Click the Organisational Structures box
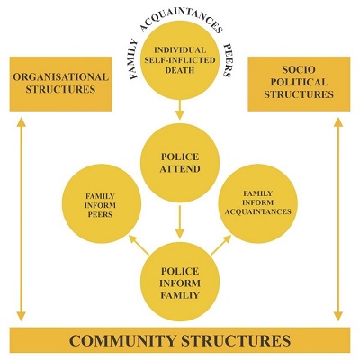tap(61, 84)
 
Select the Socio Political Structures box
tap(299, 84)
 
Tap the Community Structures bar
tap(180, 340)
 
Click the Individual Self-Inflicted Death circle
tap(180, 60)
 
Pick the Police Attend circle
tap(180, 163)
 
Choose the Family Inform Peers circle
tap(102, 204)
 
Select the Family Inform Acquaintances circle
tap(258, 203)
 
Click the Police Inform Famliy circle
tap(180, 282)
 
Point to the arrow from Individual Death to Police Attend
tap(180, 110)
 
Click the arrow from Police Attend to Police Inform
tap(180, 221)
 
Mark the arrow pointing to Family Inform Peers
tap(139, 245)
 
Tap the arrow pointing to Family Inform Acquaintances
tap(221, 245)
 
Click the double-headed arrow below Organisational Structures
tap(21, 220)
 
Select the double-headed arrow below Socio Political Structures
tap(338, 220)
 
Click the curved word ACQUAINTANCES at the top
tap(181, 19)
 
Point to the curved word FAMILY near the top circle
tap(133, 59)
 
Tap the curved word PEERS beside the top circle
tap(228, 60)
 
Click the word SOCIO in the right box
tap(299, 70)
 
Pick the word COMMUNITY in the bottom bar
tap(122, 340)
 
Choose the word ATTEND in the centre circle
tap(180, 169)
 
